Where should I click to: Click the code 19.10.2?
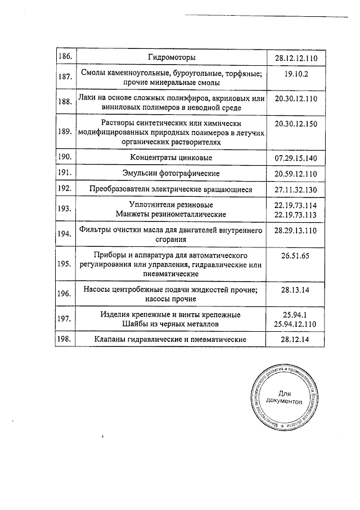coord(296,73)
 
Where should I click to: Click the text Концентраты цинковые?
coord(171,157)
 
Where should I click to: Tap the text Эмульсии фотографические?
coord(171,173)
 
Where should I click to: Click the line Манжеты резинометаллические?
coord(171,214)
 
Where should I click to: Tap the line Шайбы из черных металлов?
coord(171,324)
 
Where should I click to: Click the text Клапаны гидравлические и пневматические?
coord(171,340)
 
